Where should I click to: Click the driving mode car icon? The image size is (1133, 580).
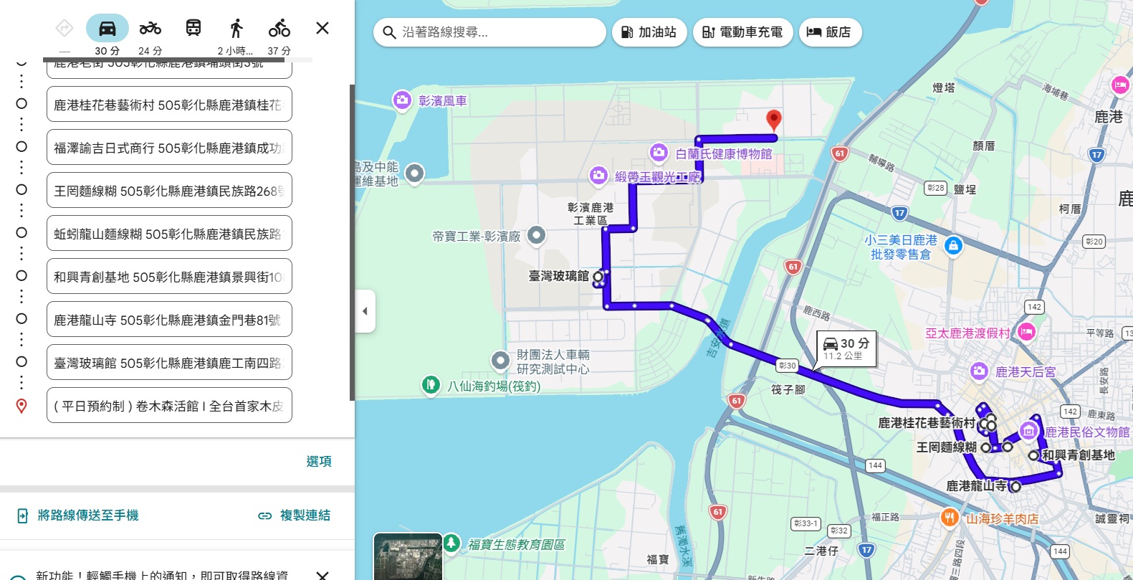(x=107, y=29)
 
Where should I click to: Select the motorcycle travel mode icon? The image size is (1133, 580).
(x=150, y=29)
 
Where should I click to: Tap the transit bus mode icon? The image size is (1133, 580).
(x=193, y=29)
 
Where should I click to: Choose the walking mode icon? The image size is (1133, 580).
(x=236, y=29)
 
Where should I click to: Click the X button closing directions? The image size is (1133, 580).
(x=322, y=28)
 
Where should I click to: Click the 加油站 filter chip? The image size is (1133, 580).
(x=649, y=32)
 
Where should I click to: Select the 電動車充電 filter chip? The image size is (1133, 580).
(x=742, y=32)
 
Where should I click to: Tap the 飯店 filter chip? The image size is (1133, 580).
(x=829, y=32)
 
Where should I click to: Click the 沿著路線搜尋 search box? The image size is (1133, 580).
(x=494, y=32)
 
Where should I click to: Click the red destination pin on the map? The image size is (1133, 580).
(x=773, y=120)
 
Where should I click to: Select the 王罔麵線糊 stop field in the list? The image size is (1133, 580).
(x=169, y=191)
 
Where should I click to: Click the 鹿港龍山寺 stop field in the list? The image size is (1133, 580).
(x=169, y=320)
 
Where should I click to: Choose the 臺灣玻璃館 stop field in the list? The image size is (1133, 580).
(x=169, y=363)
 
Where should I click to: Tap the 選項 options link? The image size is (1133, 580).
(x=319, y=461)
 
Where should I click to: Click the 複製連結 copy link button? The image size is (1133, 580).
(x=295, y=515)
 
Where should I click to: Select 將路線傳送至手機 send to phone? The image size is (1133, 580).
(x=79, y=515)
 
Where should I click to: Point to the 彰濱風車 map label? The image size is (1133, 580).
(x=442, y=101)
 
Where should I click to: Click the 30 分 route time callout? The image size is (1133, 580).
(x=846, y=348)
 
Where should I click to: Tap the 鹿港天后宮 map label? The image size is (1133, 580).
(x=1025, y=372)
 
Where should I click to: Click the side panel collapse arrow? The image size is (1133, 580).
(x=365, y=311)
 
